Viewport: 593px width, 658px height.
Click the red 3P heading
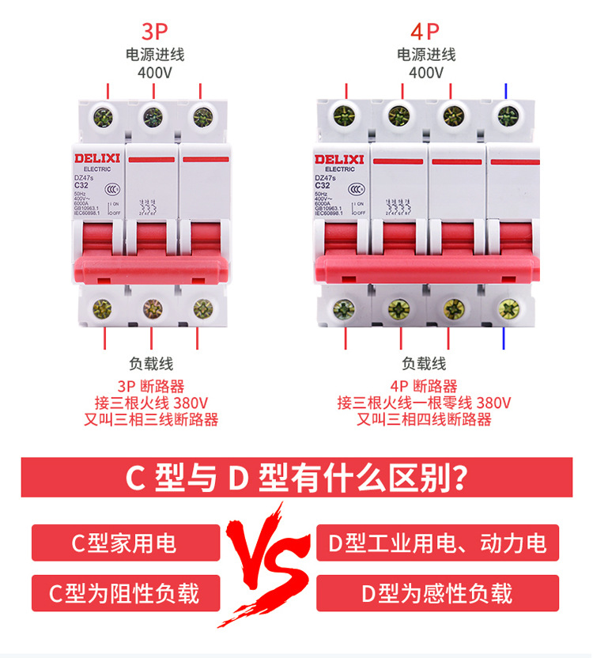[x=156, y=32]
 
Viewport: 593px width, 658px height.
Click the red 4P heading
[x=425, y=32]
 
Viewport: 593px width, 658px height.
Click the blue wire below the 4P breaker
[x=504, y=338]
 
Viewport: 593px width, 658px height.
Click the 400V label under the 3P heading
[x=155, y=73]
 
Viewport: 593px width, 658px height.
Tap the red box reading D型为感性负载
[x=437, y=593]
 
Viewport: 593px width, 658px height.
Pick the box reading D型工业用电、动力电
[x=437, y=543]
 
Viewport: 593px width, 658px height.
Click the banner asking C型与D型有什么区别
[x=296, y=478]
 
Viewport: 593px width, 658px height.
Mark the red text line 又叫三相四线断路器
[x=424, y=419]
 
